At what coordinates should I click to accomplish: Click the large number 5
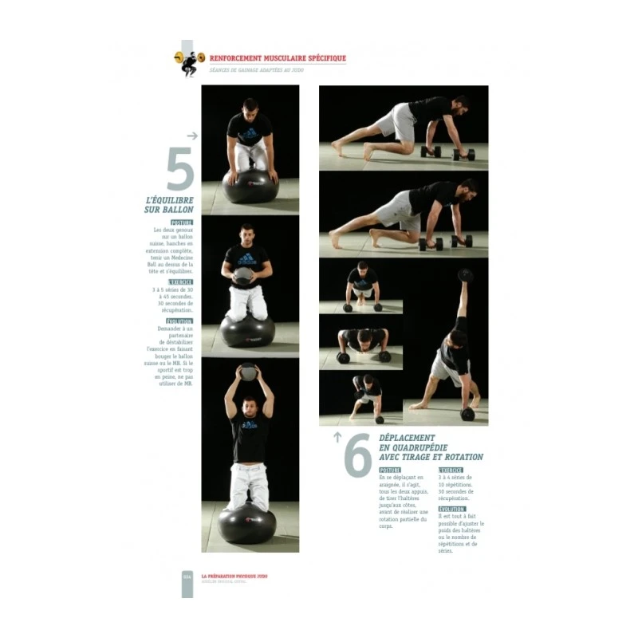[180, 169]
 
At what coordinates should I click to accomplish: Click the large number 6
[358, 455]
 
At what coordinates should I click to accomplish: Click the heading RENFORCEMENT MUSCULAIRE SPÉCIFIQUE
[278, 58]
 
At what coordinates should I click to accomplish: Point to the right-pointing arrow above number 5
[191, 136]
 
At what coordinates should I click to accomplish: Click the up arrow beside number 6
[337, 436]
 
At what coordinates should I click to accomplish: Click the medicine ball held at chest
[243, 275]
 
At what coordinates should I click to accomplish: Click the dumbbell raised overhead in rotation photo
[465, 276]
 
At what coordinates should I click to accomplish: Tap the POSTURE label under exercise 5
[182, 223]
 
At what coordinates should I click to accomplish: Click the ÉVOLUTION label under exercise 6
[451, 509]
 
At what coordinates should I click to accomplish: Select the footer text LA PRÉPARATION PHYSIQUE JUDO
[234, 575]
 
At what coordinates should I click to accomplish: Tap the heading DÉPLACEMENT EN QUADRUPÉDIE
[431, 447]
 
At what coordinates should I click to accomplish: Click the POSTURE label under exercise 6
[390, 471]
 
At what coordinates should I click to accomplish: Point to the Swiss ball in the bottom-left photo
[247, 523]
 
